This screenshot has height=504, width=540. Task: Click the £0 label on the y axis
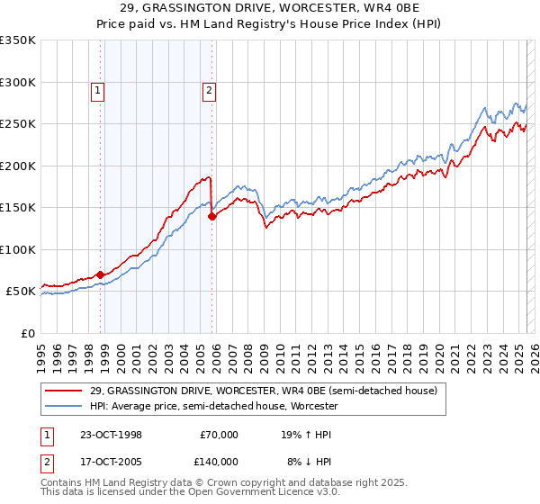(27, 333)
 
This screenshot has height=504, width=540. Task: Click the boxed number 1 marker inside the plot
(96, 89)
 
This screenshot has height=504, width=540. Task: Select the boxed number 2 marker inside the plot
(208, 89)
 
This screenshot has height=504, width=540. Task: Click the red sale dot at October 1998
(101, 274)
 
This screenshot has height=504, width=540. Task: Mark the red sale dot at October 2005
(212, 216)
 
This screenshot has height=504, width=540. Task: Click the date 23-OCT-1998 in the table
(111, 434)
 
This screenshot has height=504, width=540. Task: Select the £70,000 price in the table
(219, 434)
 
